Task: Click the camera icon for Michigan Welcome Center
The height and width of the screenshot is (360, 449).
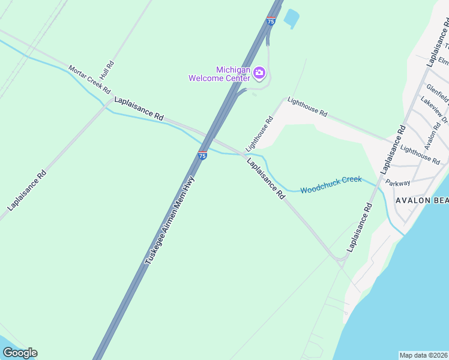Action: [x=259, y=73]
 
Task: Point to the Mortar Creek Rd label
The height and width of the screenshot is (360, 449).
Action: [x=89, y=79]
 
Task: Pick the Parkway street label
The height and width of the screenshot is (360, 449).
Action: [x=398, y=183]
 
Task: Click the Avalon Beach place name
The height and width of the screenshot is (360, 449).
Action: [x=421, y=200]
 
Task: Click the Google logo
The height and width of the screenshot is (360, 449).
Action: [x=20, y=353]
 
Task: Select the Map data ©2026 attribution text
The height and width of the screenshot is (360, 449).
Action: [x=424, y=355]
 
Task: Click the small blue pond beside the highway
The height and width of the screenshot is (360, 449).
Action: [x=291, y=18]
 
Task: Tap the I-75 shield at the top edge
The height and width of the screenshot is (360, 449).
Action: [x=271, y=21]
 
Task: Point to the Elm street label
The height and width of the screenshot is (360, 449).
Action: [x=444, y=61]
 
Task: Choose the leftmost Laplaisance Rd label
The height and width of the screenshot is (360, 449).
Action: [x=27, y=190]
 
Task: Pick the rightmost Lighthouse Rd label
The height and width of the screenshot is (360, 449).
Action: [x=420, y=155]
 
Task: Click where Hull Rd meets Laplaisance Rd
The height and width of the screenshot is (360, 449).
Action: [x=110, y=101]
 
